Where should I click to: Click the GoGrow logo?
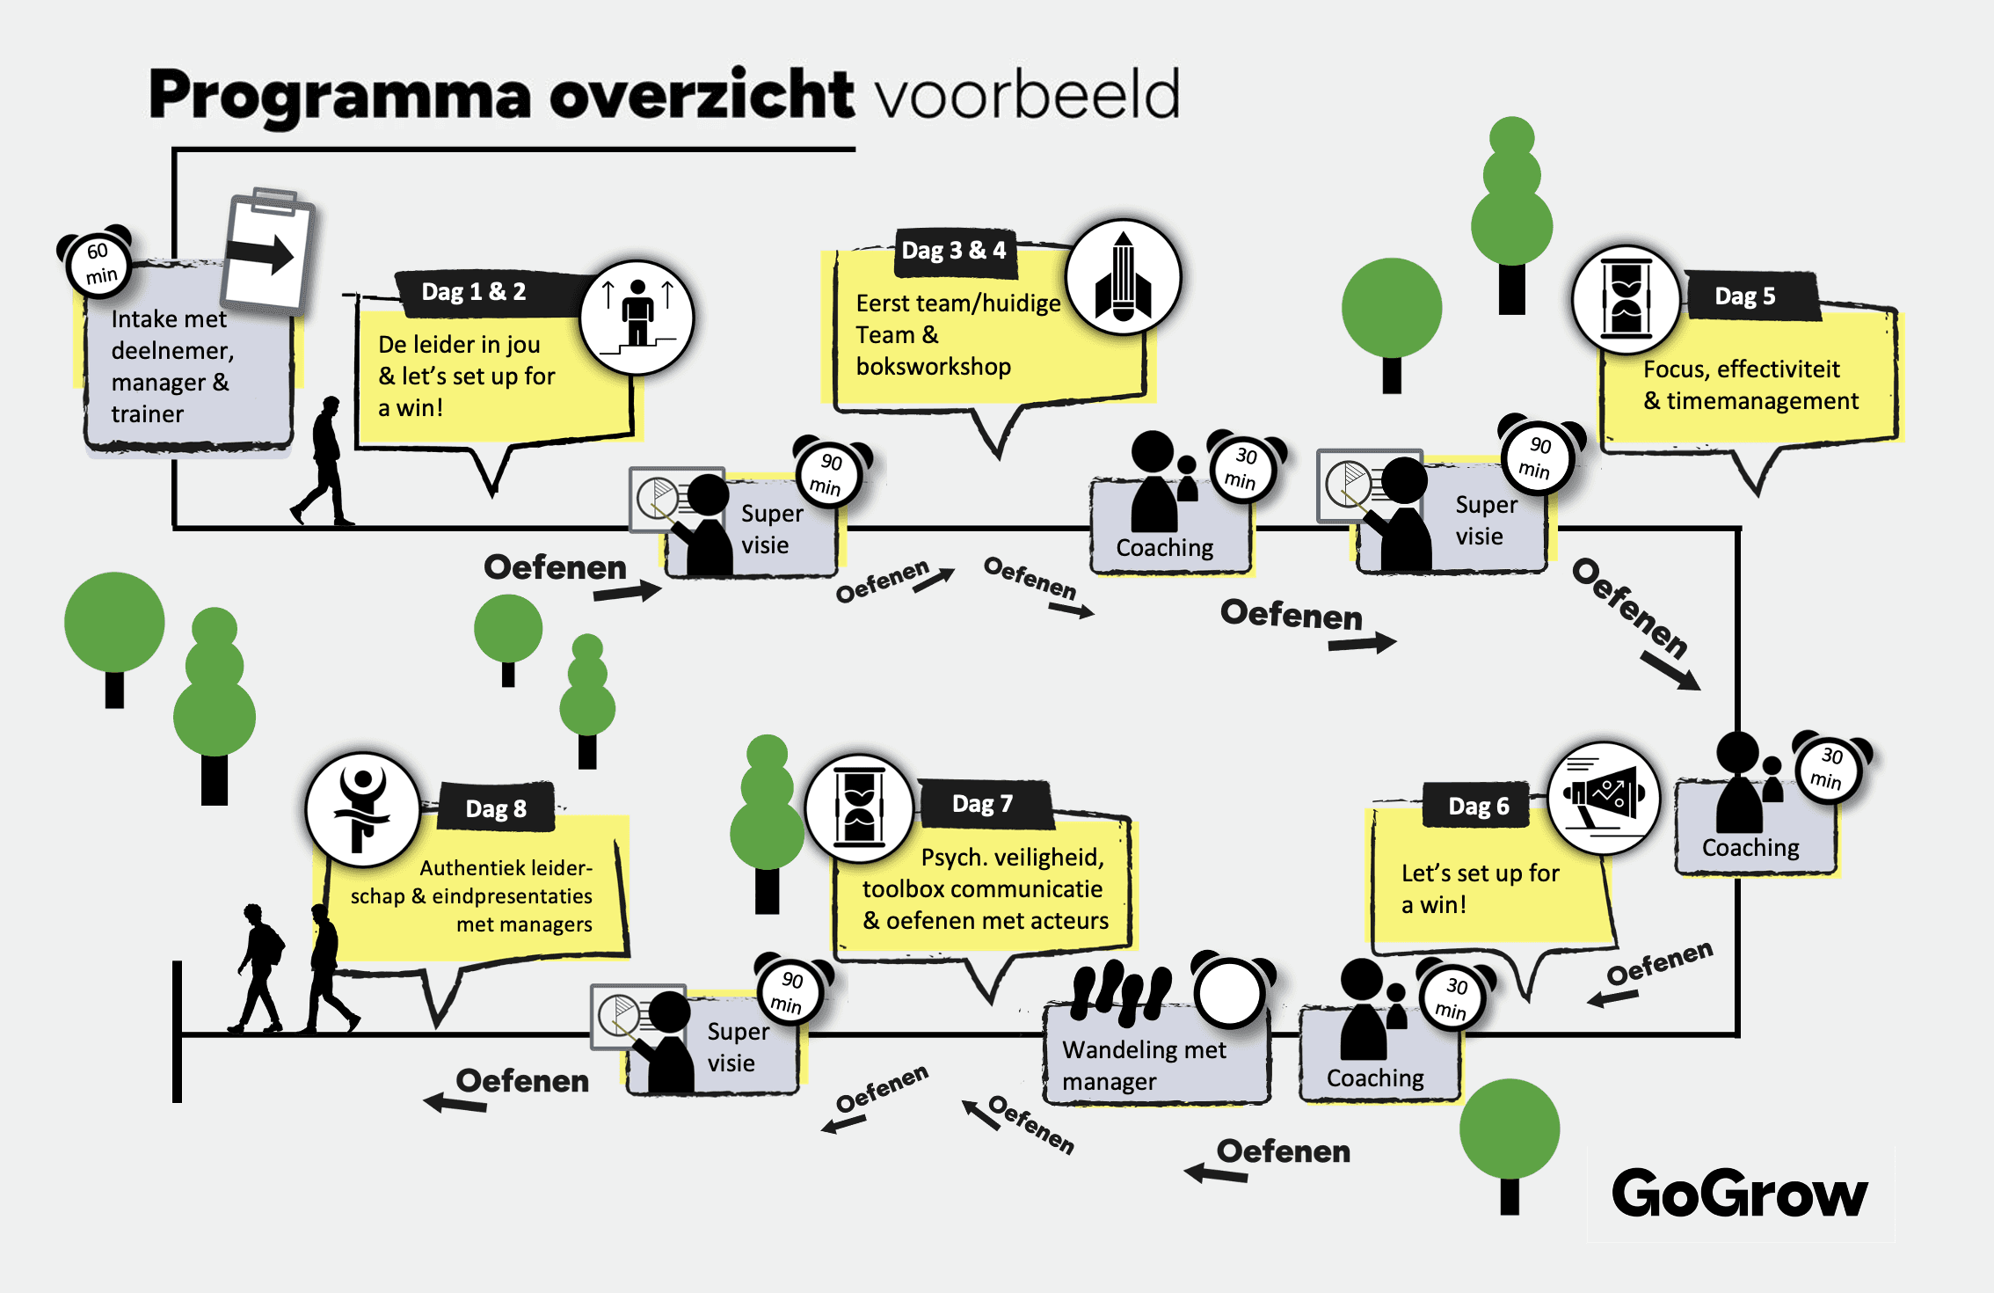tap(1739, 1194)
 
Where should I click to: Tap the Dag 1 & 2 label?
tap(474, 292)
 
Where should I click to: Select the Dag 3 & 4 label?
tap(954, 251)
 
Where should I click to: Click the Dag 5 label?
tap(1745, 296)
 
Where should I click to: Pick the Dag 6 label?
tap(1479, 806)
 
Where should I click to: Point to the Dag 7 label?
tap(983, 804)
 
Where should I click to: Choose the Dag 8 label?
tap(496, 808)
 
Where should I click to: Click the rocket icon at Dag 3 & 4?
tap(1123, 277)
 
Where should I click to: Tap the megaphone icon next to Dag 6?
tap(1603, 797)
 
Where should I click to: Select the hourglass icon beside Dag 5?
tap(1626, 299)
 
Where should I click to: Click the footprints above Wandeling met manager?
tap(1122, 991)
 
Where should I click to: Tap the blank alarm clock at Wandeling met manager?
tap(1230, 992)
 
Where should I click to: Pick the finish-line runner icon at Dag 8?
tap(363, 809)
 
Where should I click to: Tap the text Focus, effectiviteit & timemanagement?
tap(1750, 385)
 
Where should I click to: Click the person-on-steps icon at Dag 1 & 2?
tap(637, 317)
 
